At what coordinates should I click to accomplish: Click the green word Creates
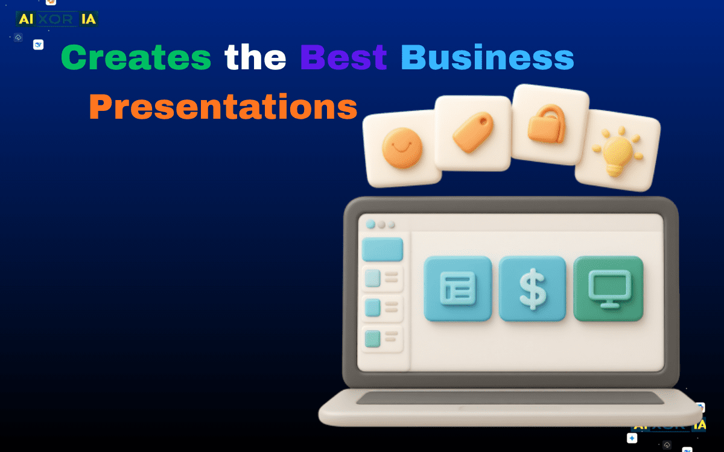pyautogui.click(x=136, y=58)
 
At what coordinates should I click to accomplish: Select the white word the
pyautogui.click(x=255, y=58)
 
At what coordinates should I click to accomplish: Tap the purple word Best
pyautogui.click(x=343, y=58)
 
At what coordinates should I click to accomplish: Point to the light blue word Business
pyautogui.click(x=487, y=58)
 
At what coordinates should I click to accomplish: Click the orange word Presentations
pyautogui.click(x=223, y=107)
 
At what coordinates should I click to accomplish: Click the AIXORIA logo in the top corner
pyautogui.click(x=57, y=19)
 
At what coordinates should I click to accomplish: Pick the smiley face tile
pyautogui.click(x=402, y=148)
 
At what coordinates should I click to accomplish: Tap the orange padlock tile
pyautogui.click(x=549, y=123)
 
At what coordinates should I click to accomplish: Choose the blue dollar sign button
pyautogui.click(x=532, y=288)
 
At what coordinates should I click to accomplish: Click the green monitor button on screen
pyautogui.click(x=608, y=288)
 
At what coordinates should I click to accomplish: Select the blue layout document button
pyautogui.click(x=458, y=288)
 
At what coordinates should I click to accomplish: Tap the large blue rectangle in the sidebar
pyautogui.click(x=383, y=250)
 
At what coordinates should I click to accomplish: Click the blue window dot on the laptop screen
pyautogui.click(x=370, y=224)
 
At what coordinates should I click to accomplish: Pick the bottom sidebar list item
pyautogui.click(x=383, y=339)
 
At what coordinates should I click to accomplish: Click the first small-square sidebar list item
pyautogui.click(x=383, y=278)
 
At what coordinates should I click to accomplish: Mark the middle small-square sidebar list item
pyautogui.click(x=383, y=308)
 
